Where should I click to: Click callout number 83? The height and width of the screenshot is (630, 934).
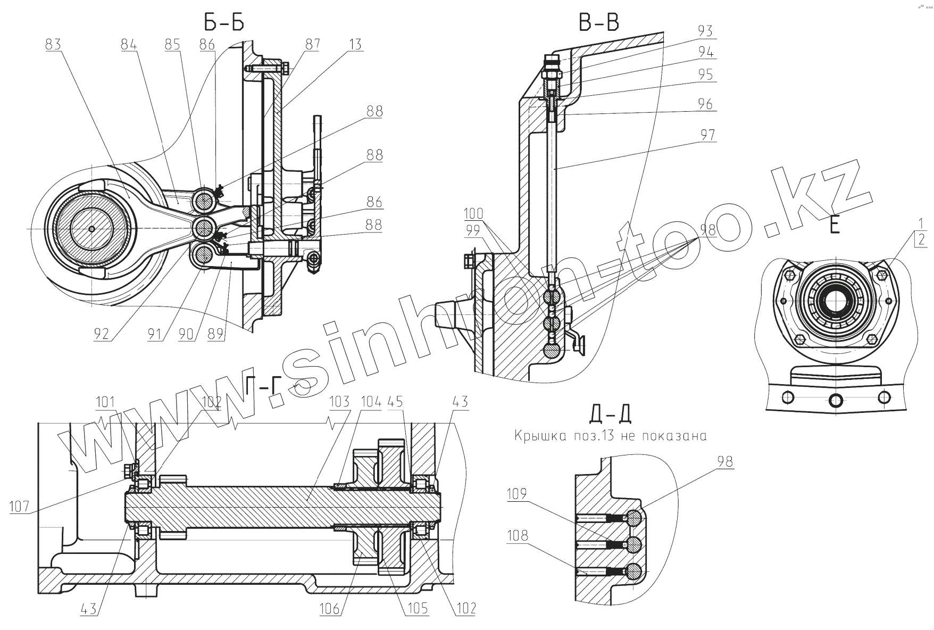(x=53, y=45)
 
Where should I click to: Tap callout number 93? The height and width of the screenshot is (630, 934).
(x=705, y=31)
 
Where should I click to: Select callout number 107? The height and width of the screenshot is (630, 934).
(x=20, y=507)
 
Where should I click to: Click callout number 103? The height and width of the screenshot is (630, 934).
(x=339, y=401)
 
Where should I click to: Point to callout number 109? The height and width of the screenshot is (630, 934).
(x=518, y=494)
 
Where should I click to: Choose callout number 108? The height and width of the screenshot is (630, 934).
(x=518, y=535)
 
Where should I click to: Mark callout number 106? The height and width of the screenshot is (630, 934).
(x=330, y=608)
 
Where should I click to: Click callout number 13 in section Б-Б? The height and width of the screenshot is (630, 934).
(x=355, y=45)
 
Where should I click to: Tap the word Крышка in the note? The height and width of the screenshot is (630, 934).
(x=535, y=436)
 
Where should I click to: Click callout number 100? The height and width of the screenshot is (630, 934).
(x=473, y=214)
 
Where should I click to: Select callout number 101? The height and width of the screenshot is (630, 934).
(x=105, y=401)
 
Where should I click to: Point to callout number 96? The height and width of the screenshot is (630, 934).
(x=705, y=104)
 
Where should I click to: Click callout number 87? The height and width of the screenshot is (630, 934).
(x=312, y=45)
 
